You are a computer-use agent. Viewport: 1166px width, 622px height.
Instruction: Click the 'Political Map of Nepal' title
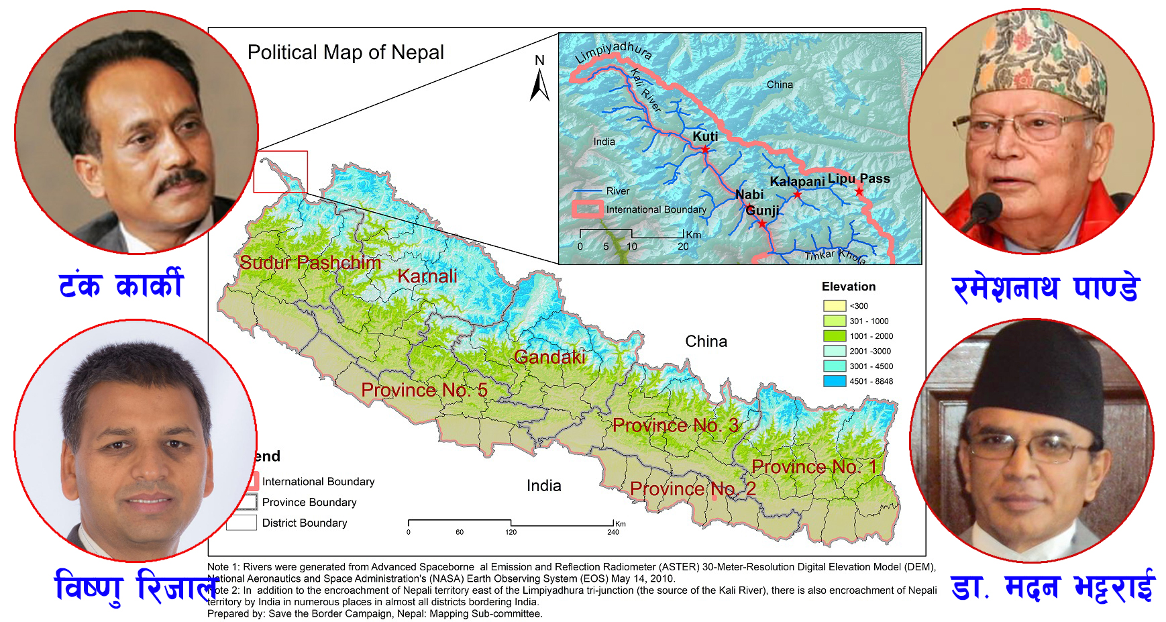[x=346, y=52]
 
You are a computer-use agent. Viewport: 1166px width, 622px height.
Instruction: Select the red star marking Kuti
[x=705, y=150]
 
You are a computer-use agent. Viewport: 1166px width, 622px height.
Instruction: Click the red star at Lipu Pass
[x=859, y=192]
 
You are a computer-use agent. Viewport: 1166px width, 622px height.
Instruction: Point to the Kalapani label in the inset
[x=797, y=182]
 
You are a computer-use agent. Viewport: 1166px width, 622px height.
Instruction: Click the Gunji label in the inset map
[x=763, y=211]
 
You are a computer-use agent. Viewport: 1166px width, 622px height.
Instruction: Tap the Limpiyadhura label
[x=613, y=52]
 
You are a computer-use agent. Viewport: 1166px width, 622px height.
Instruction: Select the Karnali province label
[x=427, y=276]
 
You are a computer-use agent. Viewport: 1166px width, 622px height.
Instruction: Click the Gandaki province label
[x=549, y=357]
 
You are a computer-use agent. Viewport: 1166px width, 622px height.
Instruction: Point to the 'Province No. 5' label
[x=424, y=390]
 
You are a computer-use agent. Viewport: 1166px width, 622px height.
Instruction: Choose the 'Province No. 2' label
[x=692, y=488]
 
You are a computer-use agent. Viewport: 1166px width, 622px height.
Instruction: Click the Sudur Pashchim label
[x=310, y=262]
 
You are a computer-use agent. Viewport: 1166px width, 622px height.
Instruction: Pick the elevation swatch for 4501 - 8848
[x=835, y=381]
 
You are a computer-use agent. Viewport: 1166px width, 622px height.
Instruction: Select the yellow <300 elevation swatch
[x=835, y=306]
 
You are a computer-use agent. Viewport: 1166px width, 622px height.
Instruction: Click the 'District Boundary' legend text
[x=305, y=523]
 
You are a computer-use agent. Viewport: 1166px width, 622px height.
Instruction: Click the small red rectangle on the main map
[x=280, y=172]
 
